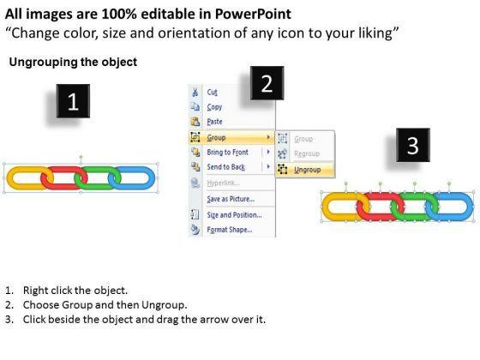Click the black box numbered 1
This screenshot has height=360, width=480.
pos(73,101)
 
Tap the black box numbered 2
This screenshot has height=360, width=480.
pos(267,83)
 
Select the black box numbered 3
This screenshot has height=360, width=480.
pos(413,145)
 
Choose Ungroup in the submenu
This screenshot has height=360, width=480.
pos(308,170)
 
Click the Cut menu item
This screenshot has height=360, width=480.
pos(213,93)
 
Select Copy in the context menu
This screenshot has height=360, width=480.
pos(214,107)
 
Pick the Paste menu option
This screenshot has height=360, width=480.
pos(214,122)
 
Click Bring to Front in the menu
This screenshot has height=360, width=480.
pos(227,153)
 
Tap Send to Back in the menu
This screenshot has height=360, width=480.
pos(226,167)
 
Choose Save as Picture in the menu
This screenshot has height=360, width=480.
pos(231,199)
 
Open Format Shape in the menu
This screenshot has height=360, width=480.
pos(230,230)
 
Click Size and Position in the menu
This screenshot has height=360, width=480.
pos(234,215)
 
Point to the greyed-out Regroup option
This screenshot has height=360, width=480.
pos(307,153)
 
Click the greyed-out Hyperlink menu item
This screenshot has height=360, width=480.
pos(223,183)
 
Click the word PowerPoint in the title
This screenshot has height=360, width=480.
pos(253,14)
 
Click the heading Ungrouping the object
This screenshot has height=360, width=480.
pos(73,62)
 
